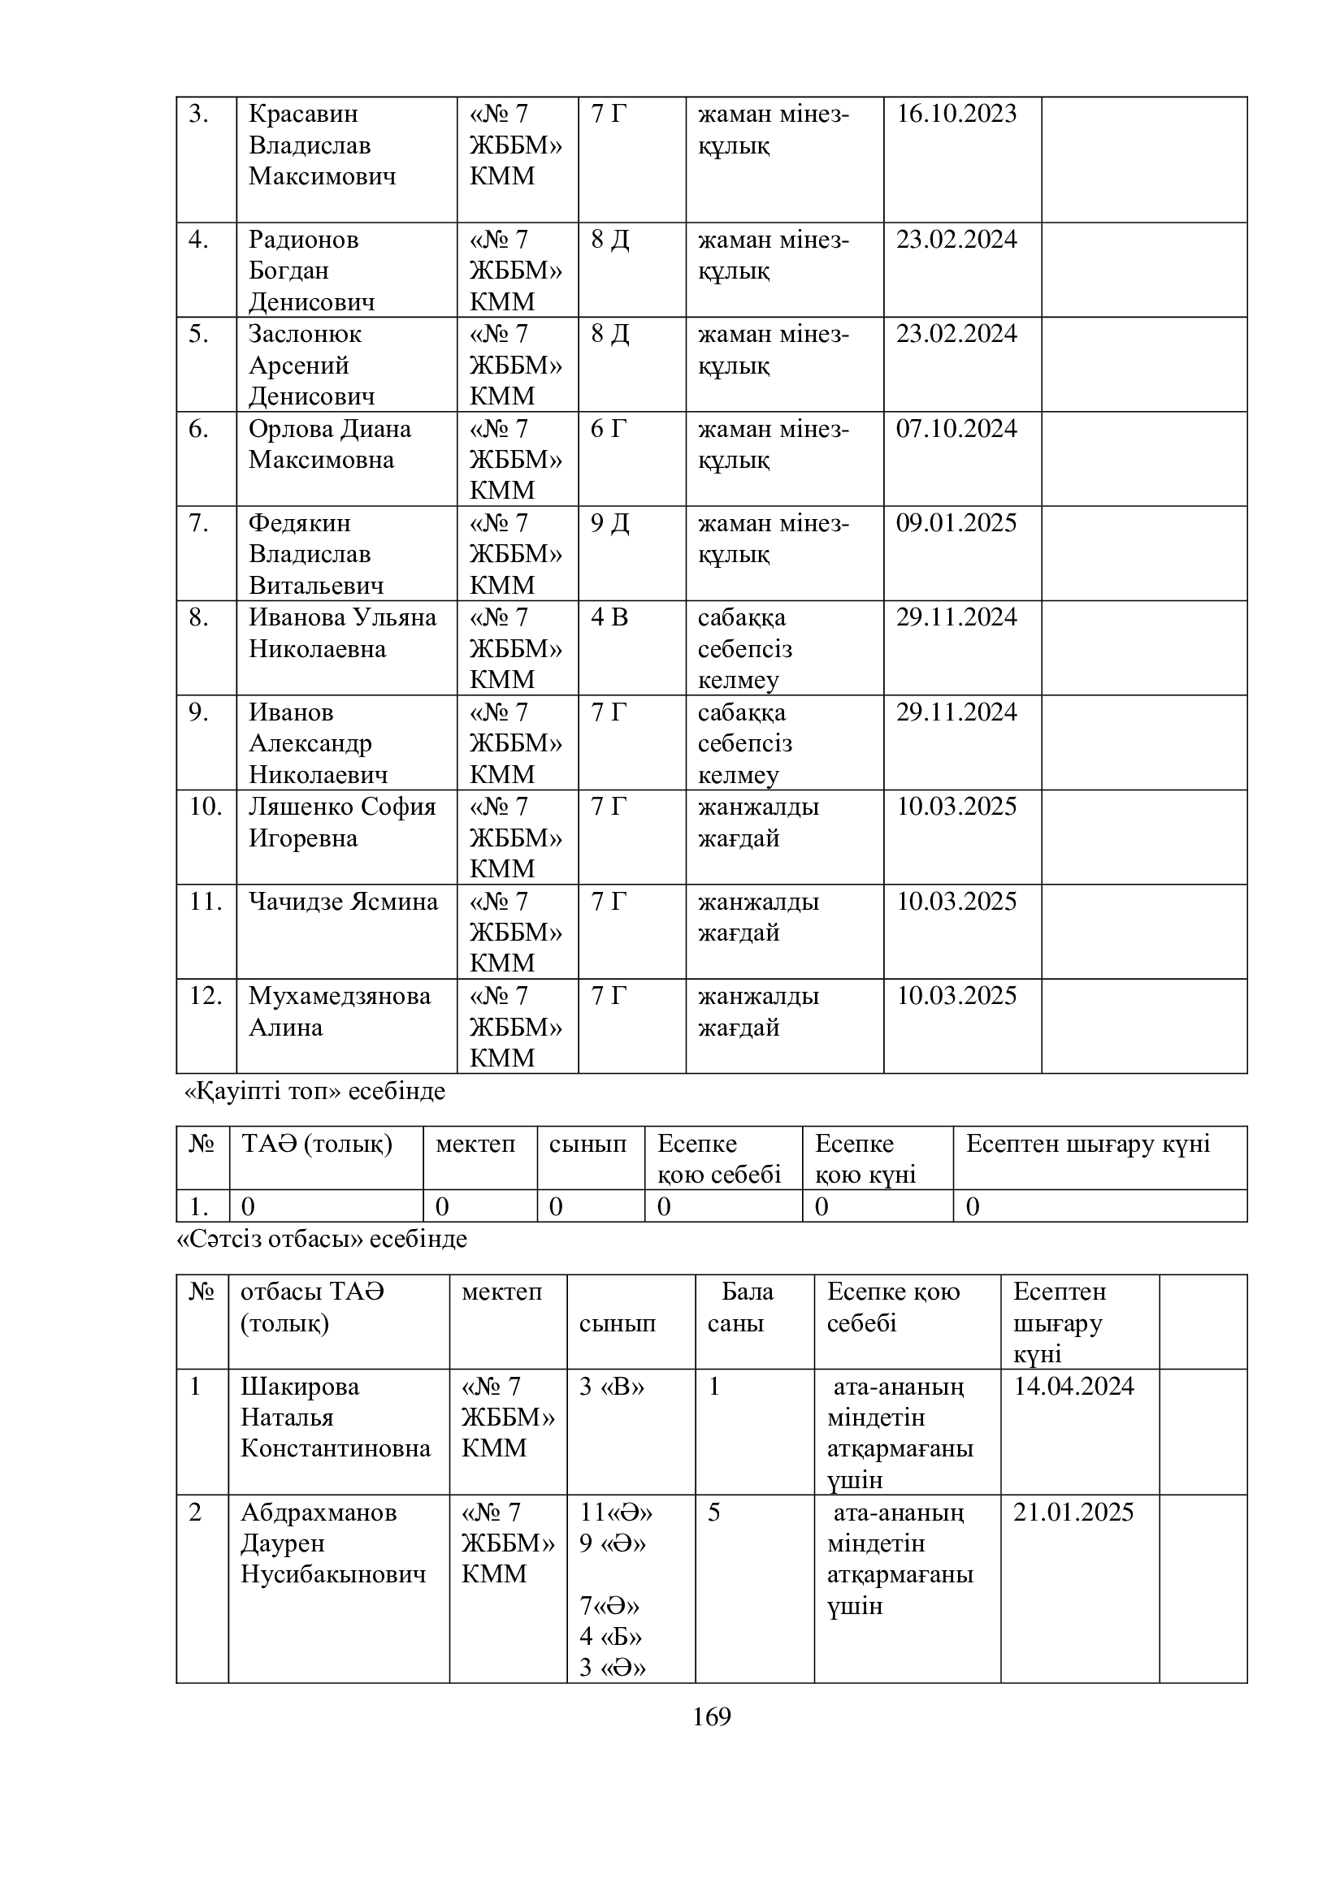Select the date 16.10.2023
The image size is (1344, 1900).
click(956, 114)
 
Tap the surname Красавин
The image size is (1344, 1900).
click(303, 114)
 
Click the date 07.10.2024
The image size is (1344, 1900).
click(956, 429)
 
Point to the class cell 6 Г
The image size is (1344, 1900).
click(609, 429)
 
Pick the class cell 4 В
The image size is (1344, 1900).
click(609, 617)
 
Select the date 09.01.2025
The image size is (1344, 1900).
click(956, 523)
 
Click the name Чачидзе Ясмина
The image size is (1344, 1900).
click(343, 901)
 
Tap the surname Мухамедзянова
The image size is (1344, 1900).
click(340, 996)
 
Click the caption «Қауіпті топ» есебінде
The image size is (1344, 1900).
click(314, 1092)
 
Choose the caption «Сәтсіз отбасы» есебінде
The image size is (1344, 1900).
click(323, 1239)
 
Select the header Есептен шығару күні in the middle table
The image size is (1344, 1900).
click(1087, 1144)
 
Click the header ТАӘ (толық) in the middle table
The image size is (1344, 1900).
click(316, 1144)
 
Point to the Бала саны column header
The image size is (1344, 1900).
click(741, 1307)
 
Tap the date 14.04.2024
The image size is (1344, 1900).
click(1073, 1386)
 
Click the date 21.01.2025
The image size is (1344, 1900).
click(1073, 1512)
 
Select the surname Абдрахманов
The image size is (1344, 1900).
click(319, 1512)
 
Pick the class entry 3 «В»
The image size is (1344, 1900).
click(612, 1386)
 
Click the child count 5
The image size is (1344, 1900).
click(713, 1512)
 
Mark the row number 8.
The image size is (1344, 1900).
click(197, 617)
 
